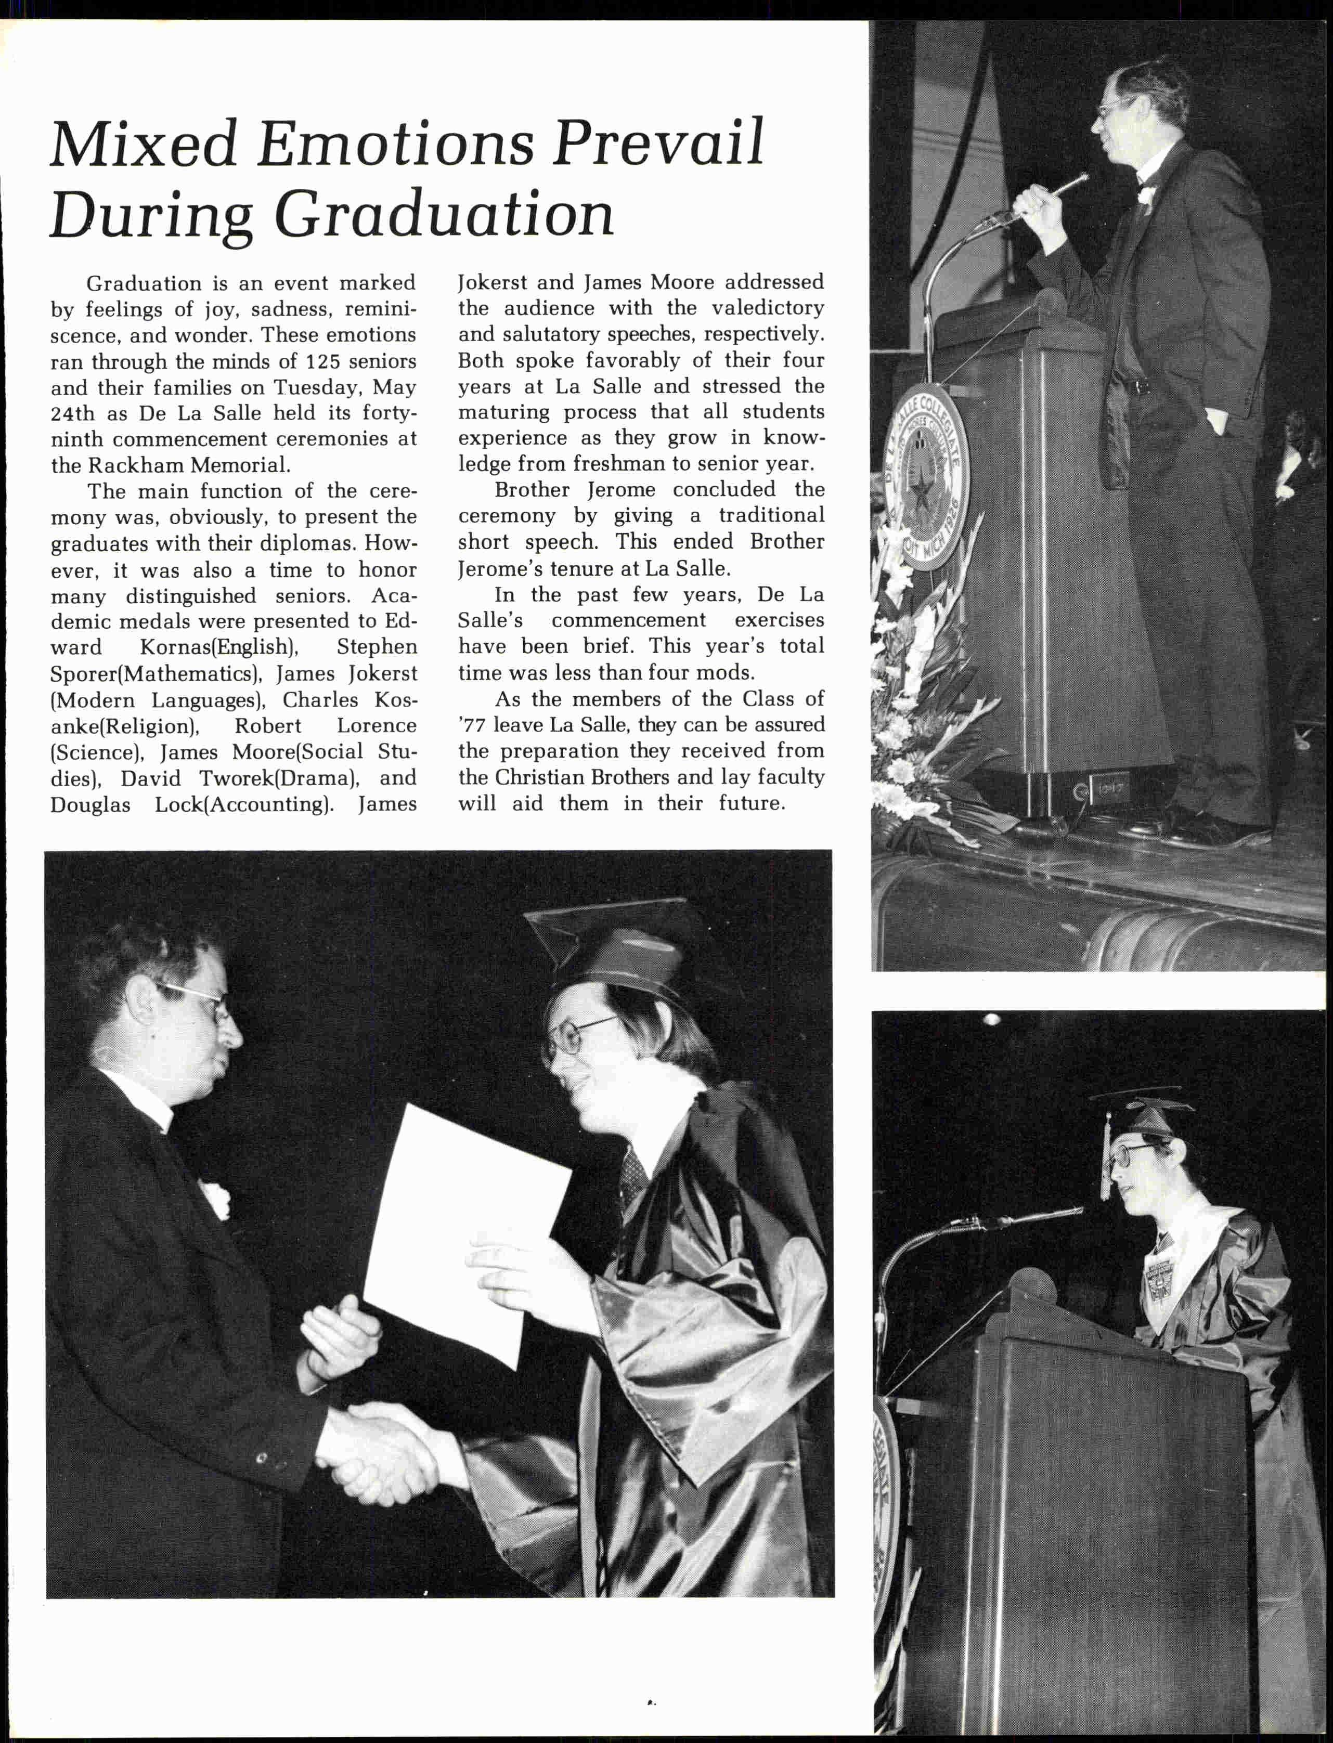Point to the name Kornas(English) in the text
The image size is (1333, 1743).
tap(219, 647)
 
